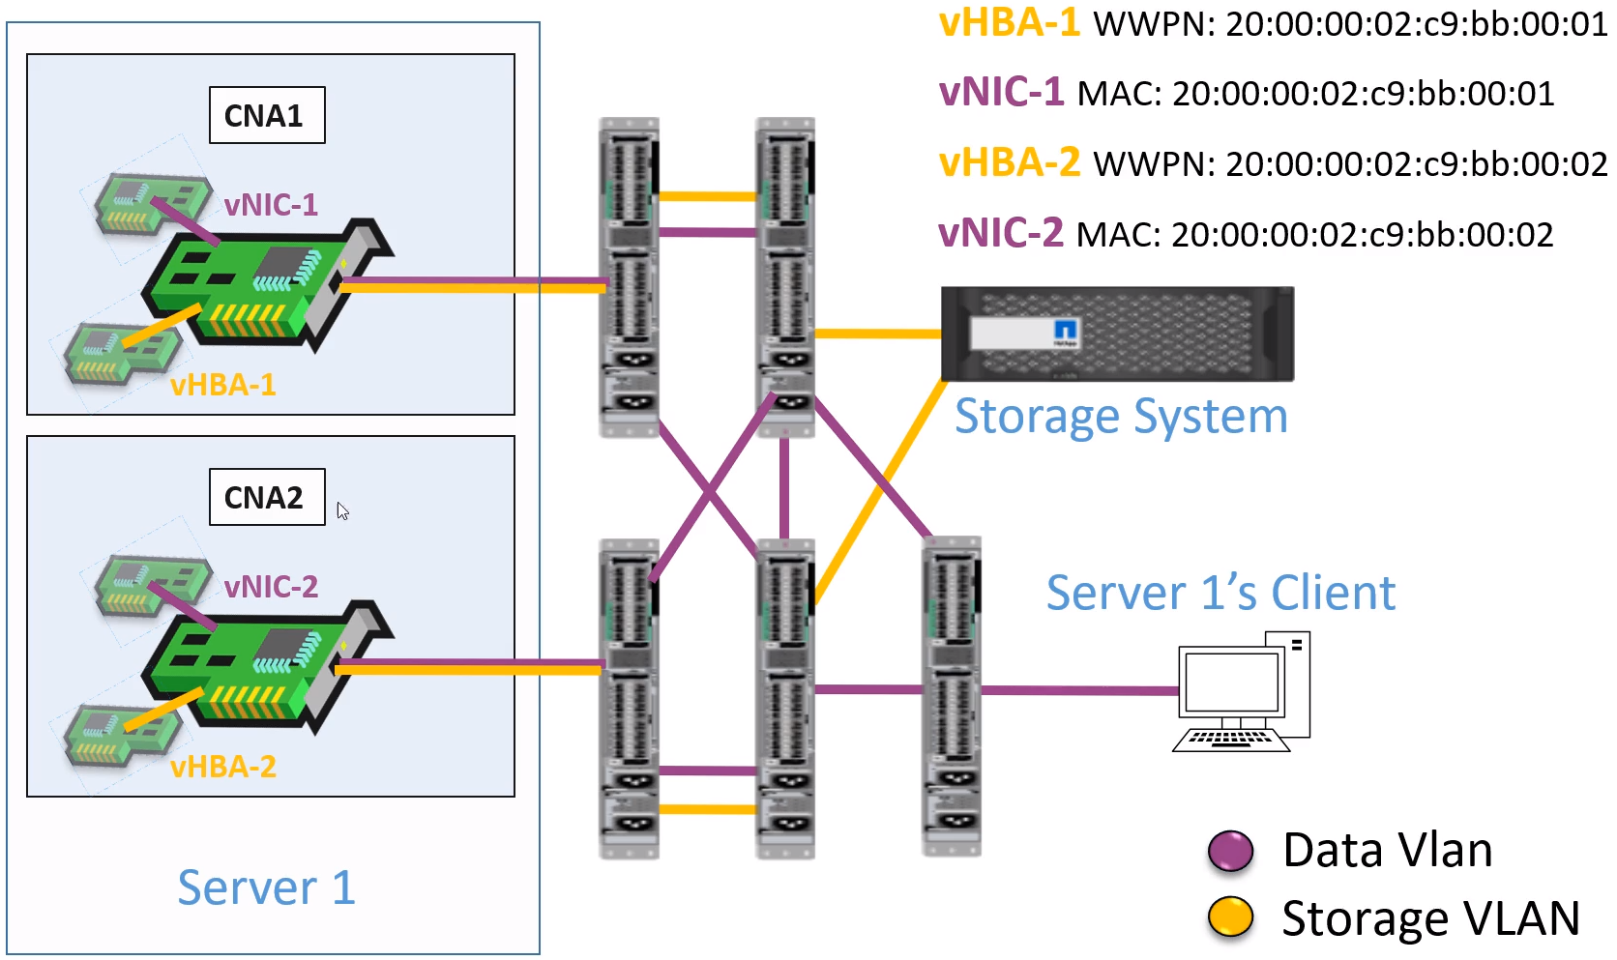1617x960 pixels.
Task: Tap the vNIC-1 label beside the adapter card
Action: click(271, 205)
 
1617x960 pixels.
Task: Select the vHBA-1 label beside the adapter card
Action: click(223, 386)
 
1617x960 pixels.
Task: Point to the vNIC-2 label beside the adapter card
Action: click(271, 587)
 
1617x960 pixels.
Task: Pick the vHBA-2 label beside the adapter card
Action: click(223, 768)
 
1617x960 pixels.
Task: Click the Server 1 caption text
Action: click(267, 887)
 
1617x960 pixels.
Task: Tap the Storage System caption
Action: click(1121, 417)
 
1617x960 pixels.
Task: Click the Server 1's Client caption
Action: click(1220, 593)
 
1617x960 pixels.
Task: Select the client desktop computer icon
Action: click(1242, 691)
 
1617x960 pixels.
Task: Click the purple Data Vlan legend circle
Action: click(1230, 851)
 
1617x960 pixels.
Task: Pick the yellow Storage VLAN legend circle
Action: click(1230, 916)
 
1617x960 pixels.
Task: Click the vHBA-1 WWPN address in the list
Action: click(1416, 24)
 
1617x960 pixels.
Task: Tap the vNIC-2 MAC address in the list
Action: click(1362, 235)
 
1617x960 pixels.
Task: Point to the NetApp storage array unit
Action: click(1117, 334)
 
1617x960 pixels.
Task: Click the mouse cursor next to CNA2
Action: click(342, 510)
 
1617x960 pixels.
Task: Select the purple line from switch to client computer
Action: click(1078, 690)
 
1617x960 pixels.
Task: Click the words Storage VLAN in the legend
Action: click(1430, 918)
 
